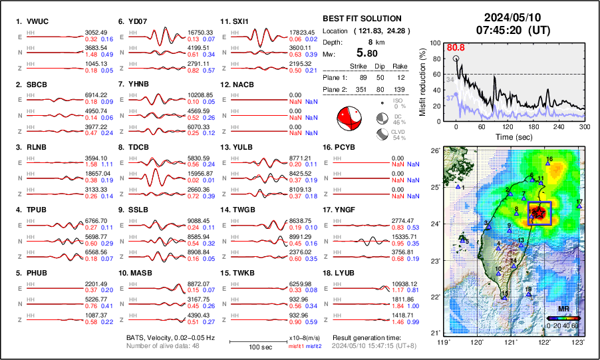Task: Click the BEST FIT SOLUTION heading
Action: (x=361, y=19)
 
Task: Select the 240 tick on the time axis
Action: (x=559, y=126)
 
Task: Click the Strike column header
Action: (x=358, y=66)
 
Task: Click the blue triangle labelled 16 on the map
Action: (x=548, y=163)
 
